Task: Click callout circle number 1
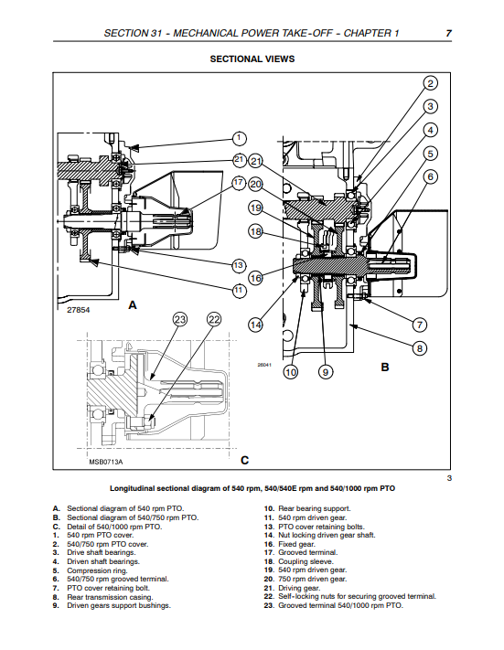(239, 138)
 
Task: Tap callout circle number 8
(420, 348)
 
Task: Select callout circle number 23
(179, 320)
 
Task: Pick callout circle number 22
(214, 320)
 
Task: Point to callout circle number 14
(255, 325)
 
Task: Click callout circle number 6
(431, 177)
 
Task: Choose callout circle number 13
(239, 265)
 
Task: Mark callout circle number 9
(326, 372)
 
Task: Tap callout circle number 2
(431, 83)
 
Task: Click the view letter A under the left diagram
(133, 305)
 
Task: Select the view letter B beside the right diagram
(385, 367)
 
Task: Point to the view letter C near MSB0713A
(245, 461)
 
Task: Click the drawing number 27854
(79, 310)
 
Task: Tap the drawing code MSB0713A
(106, 462)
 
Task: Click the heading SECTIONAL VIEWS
(252, 59)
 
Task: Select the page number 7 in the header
(448, 33)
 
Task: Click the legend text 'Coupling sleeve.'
(306, 561)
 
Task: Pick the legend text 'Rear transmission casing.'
(110, 597)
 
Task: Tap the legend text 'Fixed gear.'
(296, 544)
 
